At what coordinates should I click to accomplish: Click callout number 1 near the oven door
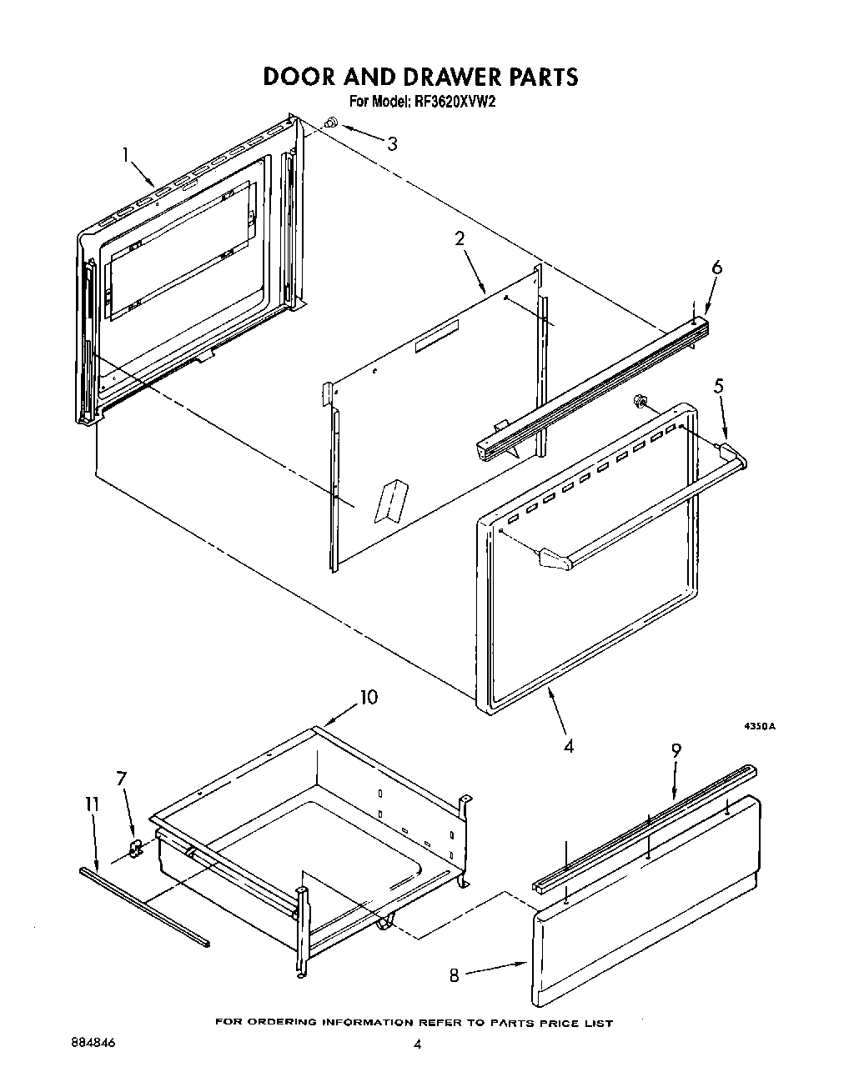tap(126, 154)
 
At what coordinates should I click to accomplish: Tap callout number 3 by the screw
tap(391, 143)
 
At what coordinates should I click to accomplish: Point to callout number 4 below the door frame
tap(568, 746)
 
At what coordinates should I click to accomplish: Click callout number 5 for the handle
tap(718, 386)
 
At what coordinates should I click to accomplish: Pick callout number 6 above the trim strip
tap(716, 268)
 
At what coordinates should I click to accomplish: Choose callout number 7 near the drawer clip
tap(122, 779)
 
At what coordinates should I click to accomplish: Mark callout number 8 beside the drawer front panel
tap(455, 974)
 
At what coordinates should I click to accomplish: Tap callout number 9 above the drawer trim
tap(676, 749)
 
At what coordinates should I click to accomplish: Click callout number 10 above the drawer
tap(369, 696)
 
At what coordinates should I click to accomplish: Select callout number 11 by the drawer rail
tap(92, 804)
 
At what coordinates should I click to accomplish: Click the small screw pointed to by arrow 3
tap(330, 123)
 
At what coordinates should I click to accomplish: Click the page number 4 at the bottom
tap(418, 1044)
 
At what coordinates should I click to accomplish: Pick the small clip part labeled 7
tap(136, 849)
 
